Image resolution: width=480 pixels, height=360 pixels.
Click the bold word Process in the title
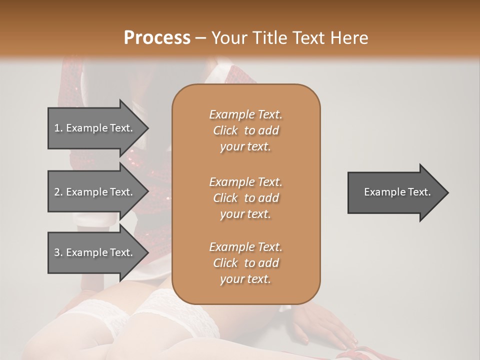[157, 38]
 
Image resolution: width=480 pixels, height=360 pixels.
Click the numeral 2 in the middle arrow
[56, 192]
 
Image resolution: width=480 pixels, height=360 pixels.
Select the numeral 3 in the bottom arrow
[56, 252]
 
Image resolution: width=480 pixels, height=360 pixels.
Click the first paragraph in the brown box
[246, 130]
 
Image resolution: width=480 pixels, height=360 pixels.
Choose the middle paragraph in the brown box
[246, 198]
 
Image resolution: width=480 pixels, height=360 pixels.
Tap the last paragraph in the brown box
[246, 263]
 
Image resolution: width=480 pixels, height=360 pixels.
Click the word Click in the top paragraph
[225, 130]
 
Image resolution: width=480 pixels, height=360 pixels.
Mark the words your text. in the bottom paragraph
[245, 279]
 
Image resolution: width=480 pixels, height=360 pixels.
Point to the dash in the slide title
[201, 38]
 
